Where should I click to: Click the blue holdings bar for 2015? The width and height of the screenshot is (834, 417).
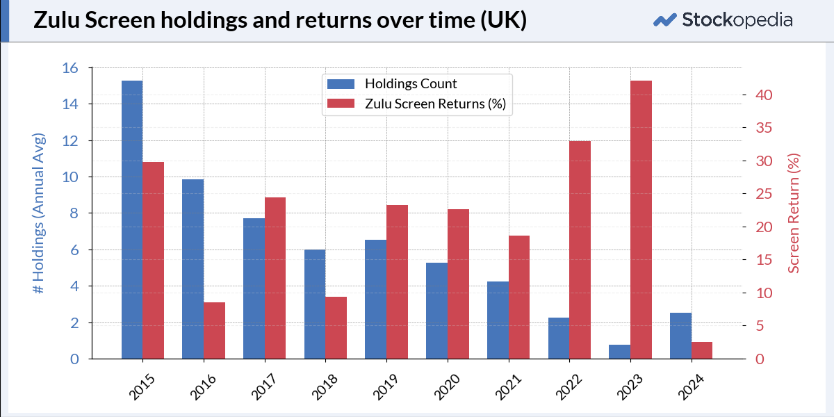click(132, 220)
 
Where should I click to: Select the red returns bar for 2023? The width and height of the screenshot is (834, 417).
click(641, 220)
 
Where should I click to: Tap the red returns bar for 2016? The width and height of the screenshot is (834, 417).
click(215, 331)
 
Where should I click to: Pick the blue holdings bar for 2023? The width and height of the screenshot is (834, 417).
click(620, 352)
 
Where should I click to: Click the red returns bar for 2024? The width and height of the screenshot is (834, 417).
click(702, 350)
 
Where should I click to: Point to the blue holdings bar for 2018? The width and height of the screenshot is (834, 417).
click(315, 304)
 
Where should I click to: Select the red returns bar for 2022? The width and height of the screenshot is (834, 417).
click(580, 250)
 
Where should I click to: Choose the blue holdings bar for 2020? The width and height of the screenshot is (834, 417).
click(436, 311)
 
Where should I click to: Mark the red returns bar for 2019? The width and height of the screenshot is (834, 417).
click(398, 282)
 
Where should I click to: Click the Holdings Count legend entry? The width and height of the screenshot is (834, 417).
click(392, 84)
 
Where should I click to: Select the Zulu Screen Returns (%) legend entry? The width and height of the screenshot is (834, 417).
click(416, 104)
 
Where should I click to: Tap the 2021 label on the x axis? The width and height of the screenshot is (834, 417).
click(508, 387)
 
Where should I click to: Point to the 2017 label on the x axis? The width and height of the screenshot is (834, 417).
click(264, 387)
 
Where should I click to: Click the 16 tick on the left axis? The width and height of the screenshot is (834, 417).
click(70, 68)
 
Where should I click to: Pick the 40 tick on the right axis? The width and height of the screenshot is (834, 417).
click(764, 95)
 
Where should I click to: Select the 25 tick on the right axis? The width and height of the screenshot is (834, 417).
click(764, 194)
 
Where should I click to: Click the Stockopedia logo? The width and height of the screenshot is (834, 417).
click(723, 19)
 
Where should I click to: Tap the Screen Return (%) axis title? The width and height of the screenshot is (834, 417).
click(794, 213)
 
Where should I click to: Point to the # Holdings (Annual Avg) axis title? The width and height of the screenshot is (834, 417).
click(38, 213)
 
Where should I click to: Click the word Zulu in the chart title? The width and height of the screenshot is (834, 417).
click(56, 19)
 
